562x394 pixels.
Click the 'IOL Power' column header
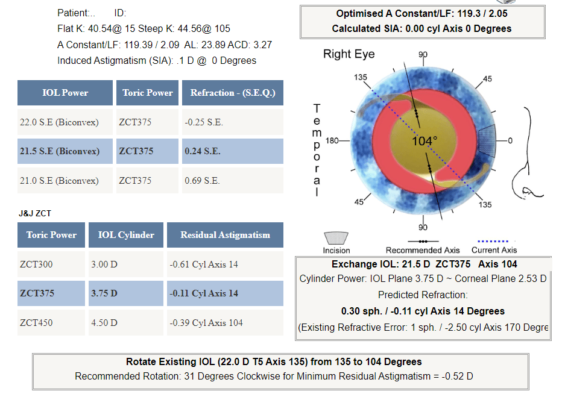pos(65,93)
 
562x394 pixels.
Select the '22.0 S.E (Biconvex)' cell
pos(65,122)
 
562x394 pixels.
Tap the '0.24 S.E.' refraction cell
pos(233,151)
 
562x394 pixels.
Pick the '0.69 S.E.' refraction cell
pos(233,181)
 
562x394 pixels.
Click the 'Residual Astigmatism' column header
pos(225,235)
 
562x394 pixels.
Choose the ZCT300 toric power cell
pos(51,264)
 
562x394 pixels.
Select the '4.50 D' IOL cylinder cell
pos(126,323)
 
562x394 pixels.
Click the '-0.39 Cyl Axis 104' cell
pos(225,323)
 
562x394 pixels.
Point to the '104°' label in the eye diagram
pos(425,141)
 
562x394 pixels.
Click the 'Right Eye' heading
pos(349,54)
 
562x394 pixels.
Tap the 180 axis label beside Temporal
pos(332,141)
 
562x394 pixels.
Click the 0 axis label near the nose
pos(510,141)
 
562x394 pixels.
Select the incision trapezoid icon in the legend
pos(336,238)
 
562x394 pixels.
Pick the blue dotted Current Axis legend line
pos(493,241)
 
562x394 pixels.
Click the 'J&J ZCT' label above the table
pos(35,213)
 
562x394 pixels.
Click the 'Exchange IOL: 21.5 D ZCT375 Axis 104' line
pos(424,264)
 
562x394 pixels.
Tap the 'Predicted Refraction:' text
pos(423,295)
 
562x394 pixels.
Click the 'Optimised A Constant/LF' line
pos(422,14)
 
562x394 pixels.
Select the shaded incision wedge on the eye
pos(487,141)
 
